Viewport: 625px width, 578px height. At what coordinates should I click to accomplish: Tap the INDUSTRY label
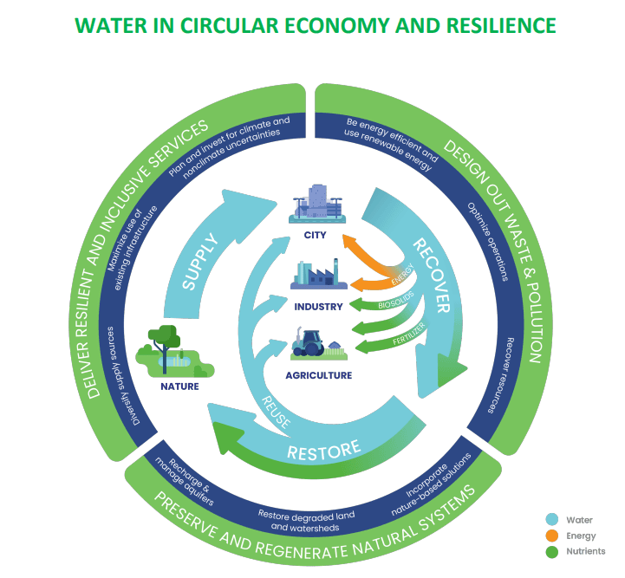click(x=318, y=306)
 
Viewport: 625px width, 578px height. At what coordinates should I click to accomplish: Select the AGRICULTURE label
click(x=318, y=375)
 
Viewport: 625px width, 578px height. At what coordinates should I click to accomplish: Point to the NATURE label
click(x=179, y=386)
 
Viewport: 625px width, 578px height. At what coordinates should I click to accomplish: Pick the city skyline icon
click(x=318, y=205)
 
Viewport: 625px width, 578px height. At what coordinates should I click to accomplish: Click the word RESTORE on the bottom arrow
click(x=323, y=450)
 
